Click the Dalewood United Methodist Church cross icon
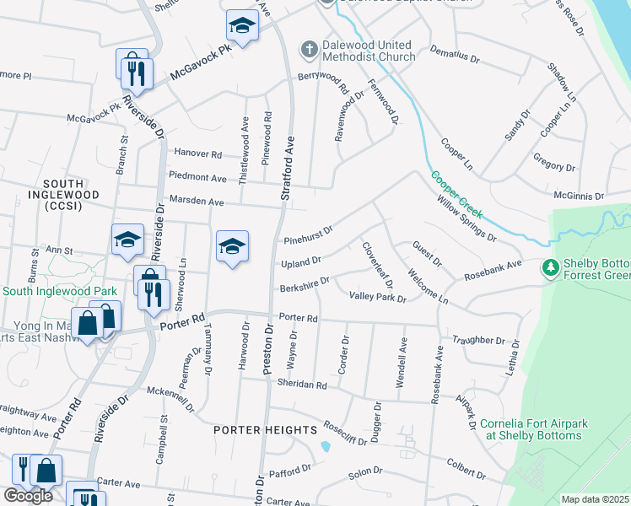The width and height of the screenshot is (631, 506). pos(309,50)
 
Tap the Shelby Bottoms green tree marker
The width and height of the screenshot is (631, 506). pos(552,267)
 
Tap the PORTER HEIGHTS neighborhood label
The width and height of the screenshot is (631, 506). pos(264,430)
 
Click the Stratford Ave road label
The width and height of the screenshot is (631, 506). pos(289,169)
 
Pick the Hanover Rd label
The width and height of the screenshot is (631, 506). pos(197,154)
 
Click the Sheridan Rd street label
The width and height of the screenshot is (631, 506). pos(301,385)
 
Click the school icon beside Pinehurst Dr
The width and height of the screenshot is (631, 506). pos(232,246)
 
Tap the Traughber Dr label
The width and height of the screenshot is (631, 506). pos(477,341)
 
